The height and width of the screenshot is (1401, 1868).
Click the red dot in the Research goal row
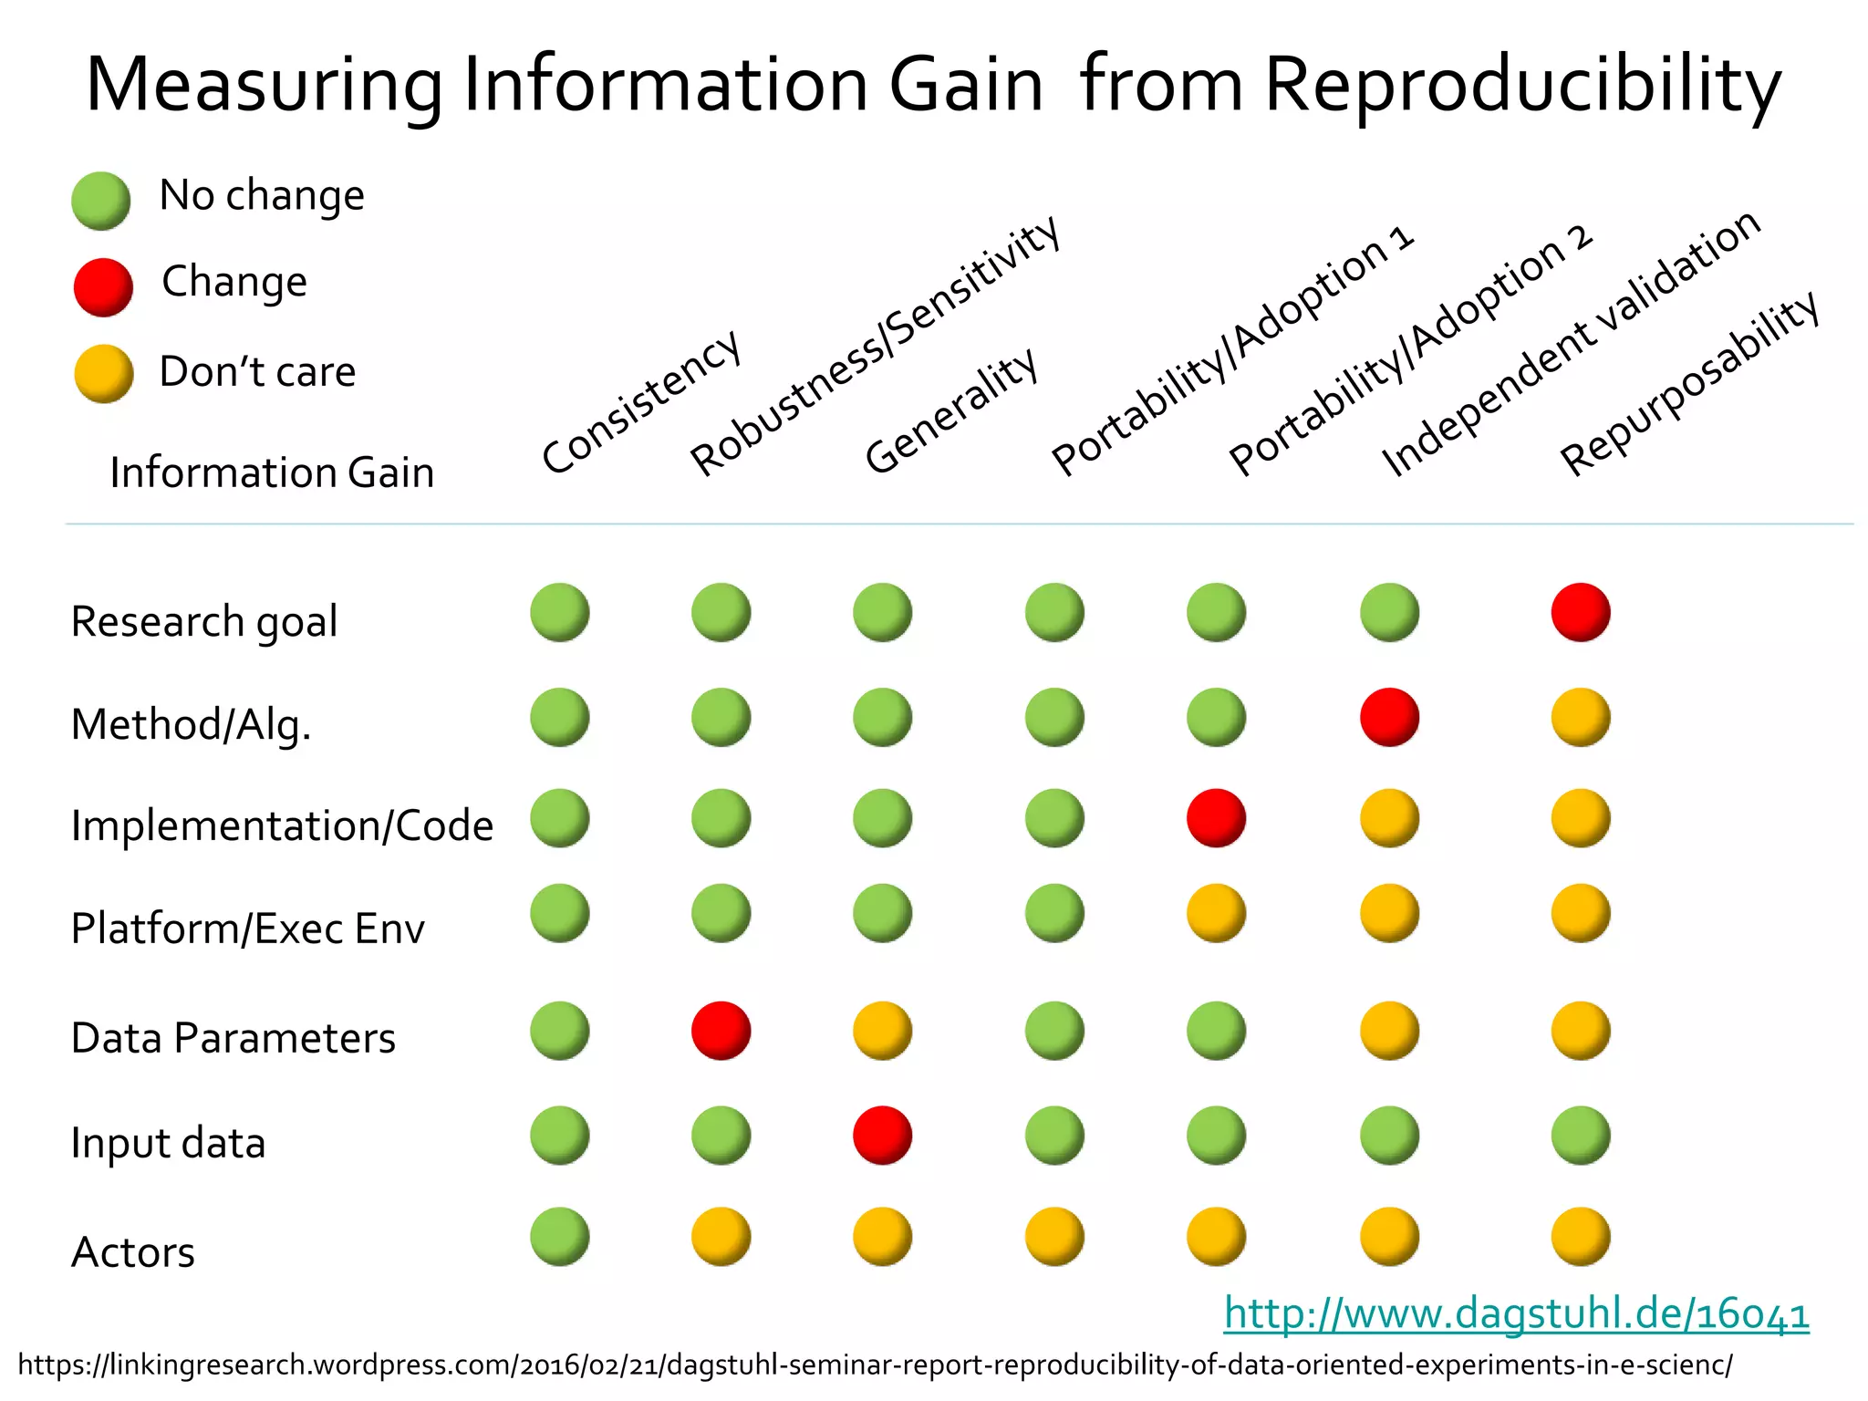1580,612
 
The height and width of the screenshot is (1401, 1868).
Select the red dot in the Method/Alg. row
1389,717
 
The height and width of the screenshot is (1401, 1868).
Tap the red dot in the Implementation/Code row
1216,818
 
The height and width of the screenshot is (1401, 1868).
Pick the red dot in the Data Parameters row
721,1031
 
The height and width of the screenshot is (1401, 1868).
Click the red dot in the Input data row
882,1136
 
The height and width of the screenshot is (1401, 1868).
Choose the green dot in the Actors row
559,1237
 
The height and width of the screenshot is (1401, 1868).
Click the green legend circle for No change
101,201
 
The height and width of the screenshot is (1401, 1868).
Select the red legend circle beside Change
103,287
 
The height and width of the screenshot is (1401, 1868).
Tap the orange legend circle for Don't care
103,373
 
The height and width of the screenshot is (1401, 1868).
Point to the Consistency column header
641,402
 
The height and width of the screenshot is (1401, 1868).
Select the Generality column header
951,411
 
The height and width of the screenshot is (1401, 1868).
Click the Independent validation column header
1571,343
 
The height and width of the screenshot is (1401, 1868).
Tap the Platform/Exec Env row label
248,929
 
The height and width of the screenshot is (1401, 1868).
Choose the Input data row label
169,1143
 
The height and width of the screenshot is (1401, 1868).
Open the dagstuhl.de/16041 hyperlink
1516,1314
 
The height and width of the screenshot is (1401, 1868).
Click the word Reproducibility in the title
1522,85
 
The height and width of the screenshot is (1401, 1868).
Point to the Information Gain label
272,472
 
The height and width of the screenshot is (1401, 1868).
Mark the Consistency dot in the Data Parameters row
559,1031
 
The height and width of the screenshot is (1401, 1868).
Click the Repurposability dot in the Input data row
1580,1136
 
